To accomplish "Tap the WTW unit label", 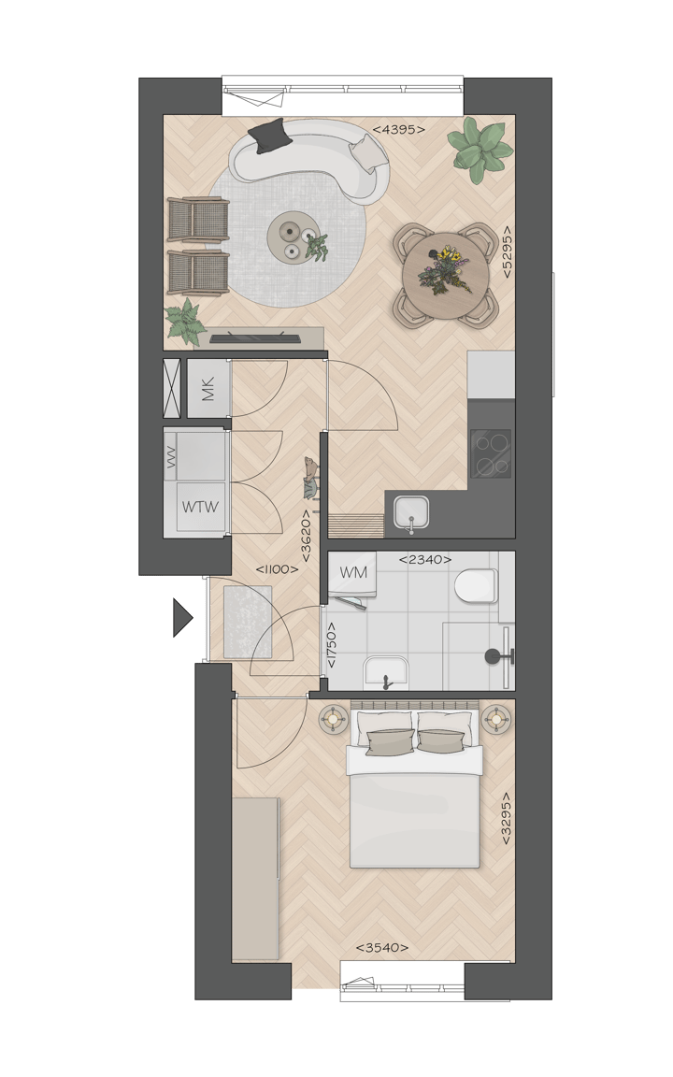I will (x=200, y=508).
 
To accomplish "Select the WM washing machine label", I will (x=353, y=571).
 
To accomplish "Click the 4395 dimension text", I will (x=398, y=130).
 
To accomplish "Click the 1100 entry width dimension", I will (x=277, y=568).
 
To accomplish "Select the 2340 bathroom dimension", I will (x=425, y=560).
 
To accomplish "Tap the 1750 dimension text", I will (x=331, y=644).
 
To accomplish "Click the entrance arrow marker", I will (x=182, y=618).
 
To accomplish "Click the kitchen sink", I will (x=409, y=512).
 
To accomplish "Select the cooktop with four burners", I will (x=491, y=453).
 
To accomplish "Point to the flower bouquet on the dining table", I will (x=443, y=267).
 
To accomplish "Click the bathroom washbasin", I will (x=385, y=671).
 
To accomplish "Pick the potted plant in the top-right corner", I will (x=480, y=148).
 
